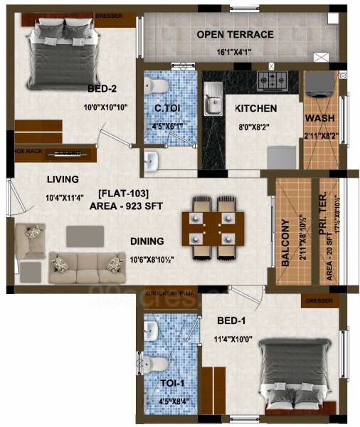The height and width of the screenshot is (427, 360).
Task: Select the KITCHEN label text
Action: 255,108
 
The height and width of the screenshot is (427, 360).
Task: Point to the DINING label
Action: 147,241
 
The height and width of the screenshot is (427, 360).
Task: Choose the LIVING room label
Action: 63,179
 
